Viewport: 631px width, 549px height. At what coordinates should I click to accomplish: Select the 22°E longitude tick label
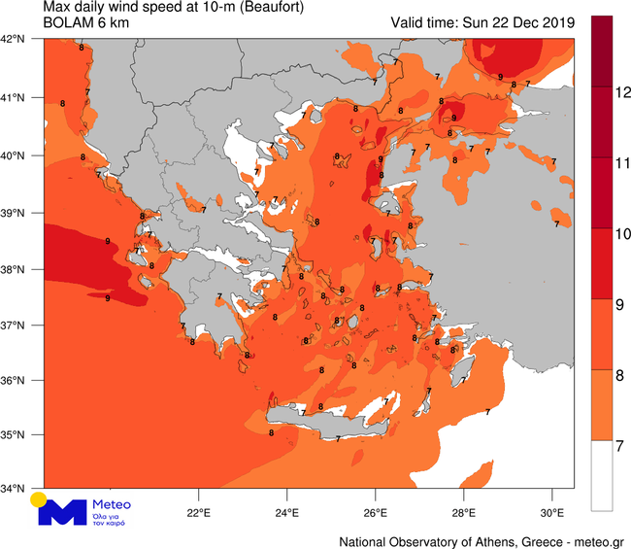point(198,512)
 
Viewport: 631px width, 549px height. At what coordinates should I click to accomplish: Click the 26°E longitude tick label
point(375,512)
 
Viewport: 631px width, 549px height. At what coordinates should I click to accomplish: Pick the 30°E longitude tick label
point(551,512)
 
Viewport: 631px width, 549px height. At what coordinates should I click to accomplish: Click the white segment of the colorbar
point(601,477)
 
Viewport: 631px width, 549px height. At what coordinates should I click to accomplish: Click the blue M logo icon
point(61,513)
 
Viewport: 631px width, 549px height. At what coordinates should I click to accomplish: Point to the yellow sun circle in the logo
point(38,500)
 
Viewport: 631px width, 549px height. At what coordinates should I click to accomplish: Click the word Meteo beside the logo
point(110,505)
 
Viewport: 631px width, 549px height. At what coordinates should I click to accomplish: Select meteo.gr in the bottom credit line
point(596,539)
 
